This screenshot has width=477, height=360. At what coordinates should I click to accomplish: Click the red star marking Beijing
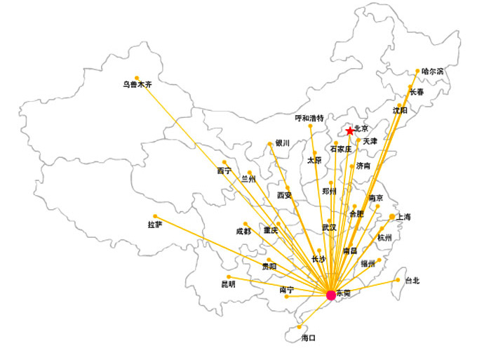(350, 131)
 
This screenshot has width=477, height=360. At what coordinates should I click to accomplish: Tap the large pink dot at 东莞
(331, 295)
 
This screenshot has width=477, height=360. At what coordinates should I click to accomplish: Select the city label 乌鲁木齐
(137, 86)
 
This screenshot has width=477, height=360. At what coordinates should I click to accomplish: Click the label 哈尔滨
(433, 72)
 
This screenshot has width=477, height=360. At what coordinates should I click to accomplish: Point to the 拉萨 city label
(155, 225)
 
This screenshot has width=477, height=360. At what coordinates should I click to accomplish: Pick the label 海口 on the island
(309, 338)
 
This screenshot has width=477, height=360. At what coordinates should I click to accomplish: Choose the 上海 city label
(403, 218)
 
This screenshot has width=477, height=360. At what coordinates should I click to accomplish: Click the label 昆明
(229, 284)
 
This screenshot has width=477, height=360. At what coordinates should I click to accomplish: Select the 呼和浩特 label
(309, 118)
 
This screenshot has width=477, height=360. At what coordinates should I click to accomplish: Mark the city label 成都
(243, 232)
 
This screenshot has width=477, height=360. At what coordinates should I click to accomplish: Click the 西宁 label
(224, 171)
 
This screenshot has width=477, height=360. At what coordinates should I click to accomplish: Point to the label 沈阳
(400, 110)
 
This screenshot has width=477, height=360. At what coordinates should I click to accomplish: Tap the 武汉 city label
(329, 227)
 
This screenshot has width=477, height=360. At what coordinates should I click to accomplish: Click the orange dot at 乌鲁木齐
(137, 77)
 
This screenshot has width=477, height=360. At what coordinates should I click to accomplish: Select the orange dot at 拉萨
(155, 216)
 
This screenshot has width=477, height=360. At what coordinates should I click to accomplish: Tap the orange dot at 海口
(300, 327)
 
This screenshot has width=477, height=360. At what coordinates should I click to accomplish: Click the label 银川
(283, 143)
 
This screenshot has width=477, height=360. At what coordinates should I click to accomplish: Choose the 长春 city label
(417, 92)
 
